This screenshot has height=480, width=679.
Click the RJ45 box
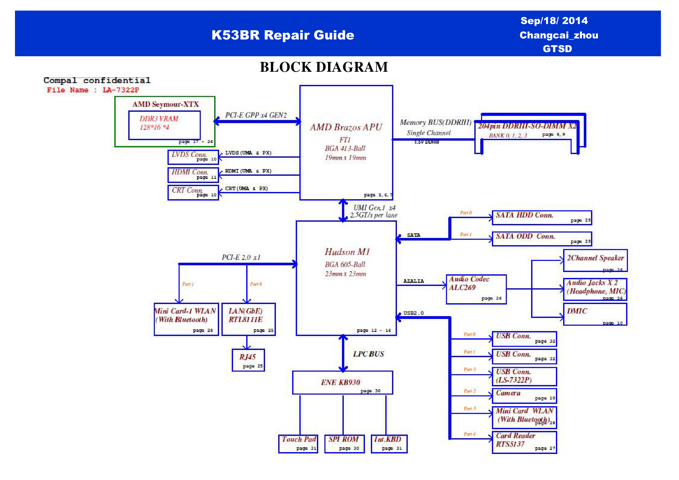[248, 360]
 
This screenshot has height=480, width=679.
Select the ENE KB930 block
[342, 382]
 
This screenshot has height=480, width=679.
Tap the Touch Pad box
[298, 444]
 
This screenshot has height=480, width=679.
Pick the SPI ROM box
[344, 444]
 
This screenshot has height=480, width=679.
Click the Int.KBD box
[389, 444]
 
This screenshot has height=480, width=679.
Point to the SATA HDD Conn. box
[542, 218]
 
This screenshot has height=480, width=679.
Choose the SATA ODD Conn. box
[542, 239]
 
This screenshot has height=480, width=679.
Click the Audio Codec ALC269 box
[476, 289]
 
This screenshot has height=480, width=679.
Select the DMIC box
[595, 314]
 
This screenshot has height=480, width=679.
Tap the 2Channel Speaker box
[595, 261]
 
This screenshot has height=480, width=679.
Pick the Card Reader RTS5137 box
[524, 442]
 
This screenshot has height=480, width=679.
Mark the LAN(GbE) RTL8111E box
[249, 319]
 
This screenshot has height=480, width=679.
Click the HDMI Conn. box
[193, 175]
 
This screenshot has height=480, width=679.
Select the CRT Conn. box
[193, 193]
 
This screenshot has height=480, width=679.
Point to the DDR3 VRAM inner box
[164, 125]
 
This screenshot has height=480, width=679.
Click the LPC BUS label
[369, 354]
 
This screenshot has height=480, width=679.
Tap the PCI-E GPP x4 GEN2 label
[256, 115]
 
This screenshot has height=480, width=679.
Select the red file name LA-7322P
[121, 90]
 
